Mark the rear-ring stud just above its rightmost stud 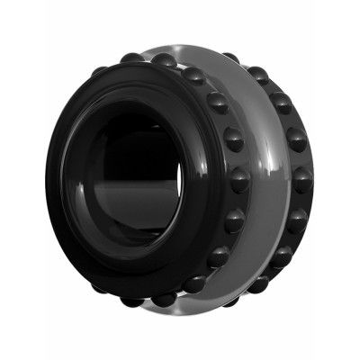296,139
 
